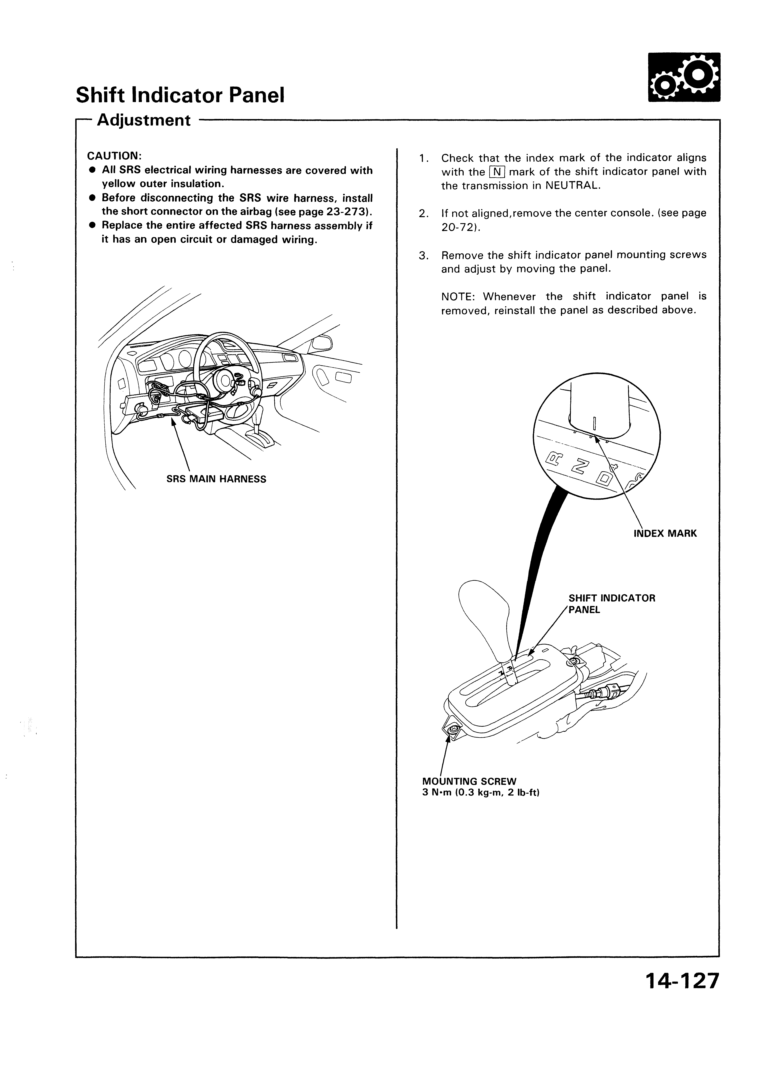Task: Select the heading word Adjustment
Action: coord(144,121)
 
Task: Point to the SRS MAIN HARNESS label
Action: coord(216,479)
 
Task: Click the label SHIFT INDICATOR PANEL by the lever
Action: coord(611,604)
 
